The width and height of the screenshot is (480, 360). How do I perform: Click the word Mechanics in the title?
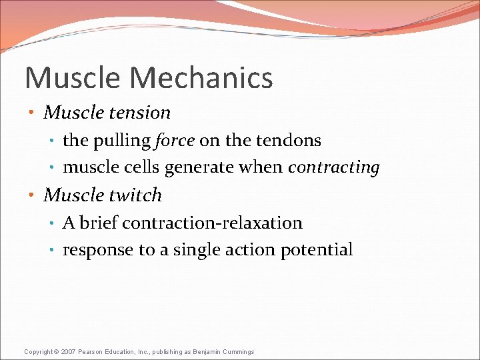[x=201, y=77]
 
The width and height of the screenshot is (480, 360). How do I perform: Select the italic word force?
[x=175, y=141]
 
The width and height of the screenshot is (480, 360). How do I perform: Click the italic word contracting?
[x=333, y=168]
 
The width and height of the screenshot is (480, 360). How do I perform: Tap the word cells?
[x=141, y=168]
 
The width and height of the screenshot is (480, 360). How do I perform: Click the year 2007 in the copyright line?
[x=69, y=352]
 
